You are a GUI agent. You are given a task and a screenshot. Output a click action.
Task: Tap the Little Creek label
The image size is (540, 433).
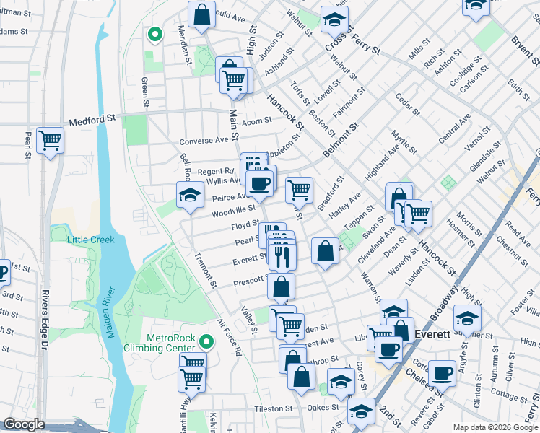pos(91,240)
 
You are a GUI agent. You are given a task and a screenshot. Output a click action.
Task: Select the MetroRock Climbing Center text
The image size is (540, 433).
pos(171,343)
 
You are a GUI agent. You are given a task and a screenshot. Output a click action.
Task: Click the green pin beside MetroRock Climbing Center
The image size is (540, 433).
pos(208,341)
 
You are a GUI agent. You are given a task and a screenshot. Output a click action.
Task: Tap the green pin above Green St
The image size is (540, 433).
pos(153,33)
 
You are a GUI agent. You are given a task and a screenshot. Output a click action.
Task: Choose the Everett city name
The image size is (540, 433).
pos(433,334)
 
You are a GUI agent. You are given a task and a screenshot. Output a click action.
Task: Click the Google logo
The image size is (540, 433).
pos(24,424)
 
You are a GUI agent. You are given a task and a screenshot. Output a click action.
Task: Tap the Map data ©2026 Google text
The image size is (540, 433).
pos(494,427)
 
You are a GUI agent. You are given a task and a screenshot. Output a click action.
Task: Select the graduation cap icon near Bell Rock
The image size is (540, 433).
pos(190,194)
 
